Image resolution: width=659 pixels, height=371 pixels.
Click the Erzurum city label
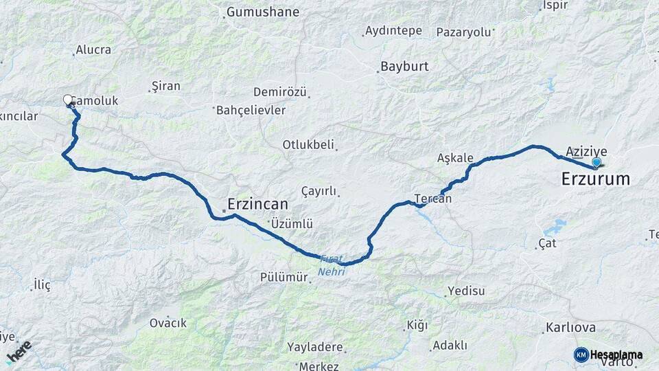(x=595, y=179)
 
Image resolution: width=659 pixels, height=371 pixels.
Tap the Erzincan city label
(x=257, y=204)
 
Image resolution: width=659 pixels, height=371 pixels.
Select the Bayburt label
(x=404, y=67)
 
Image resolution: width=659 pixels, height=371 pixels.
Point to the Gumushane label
(x=263, y=12)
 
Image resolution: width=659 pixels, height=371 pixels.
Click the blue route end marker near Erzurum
(x=597, y=163)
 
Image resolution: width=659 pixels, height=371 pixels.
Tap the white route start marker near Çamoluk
(x=68, y=100)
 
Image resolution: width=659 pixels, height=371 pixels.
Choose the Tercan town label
(x=432, y=199)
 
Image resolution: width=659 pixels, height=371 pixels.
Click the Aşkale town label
(x=455, y=158)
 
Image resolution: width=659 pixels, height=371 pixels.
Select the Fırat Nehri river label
(x=332, y=265)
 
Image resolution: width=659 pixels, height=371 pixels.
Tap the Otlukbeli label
(x=308, y=144)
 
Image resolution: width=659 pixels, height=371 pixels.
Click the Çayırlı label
(x=319, y=191)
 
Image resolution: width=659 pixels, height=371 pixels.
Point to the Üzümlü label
(x=292, y=223)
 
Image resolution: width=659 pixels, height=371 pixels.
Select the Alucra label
(x=93, y=49)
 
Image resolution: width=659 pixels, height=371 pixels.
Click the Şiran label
(x=165, y=86)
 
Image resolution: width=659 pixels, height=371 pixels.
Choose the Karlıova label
(x=568, y=327)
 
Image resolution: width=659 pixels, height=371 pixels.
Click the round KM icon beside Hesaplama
(x=581, y=355)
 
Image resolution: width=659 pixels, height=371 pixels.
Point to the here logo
(x=19, y=351)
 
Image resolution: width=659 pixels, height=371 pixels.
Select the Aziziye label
(x=586, y=151)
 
